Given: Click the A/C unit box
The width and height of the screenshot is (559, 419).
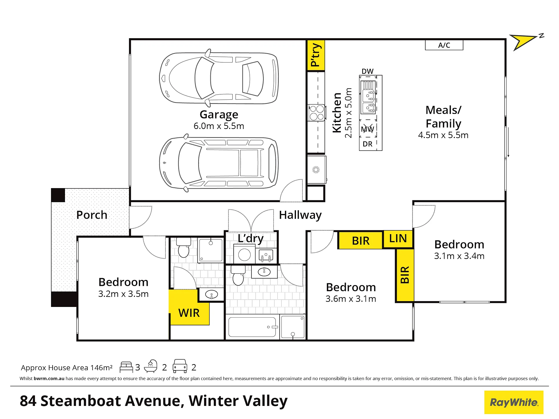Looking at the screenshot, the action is (444, 45).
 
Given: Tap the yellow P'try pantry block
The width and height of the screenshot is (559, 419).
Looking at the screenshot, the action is (316, 55).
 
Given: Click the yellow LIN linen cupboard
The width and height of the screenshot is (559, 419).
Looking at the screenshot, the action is (398, 239).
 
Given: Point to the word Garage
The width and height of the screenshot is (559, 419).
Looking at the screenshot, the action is (219, 115).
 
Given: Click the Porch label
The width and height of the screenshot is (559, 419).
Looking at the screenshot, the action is (92, 215).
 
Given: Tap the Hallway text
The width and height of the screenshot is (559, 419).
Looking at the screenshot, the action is (300, 215).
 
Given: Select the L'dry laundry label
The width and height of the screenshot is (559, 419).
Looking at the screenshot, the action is (251, 238).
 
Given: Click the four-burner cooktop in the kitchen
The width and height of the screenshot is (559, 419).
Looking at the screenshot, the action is (317, 113).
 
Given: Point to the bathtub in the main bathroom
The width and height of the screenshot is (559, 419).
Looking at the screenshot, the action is (252, 327).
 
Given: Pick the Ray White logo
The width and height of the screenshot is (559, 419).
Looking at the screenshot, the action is (514, 402).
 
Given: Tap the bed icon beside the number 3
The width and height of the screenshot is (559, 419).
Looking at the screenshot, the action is (126, 367).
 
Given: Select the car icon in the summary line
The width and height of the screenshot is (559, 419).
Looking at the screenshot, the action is (180, 366).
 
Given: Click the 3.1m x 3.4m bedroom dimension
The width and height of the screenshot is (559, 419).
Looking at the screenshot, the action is (459, 256).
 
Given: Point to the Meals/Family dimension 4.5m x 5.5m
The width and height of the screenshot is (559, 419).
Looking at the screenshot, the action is (443, 135).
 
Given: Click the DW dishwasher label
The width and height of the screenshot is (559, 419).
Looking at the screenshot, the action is (368, 71).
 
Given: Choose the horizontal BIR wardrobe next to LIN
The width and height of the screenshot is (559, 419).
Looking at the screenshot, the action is (361, 241).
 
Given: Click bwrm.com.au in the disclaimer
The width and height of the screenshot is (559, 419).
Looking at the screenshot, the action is (49, 379).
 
